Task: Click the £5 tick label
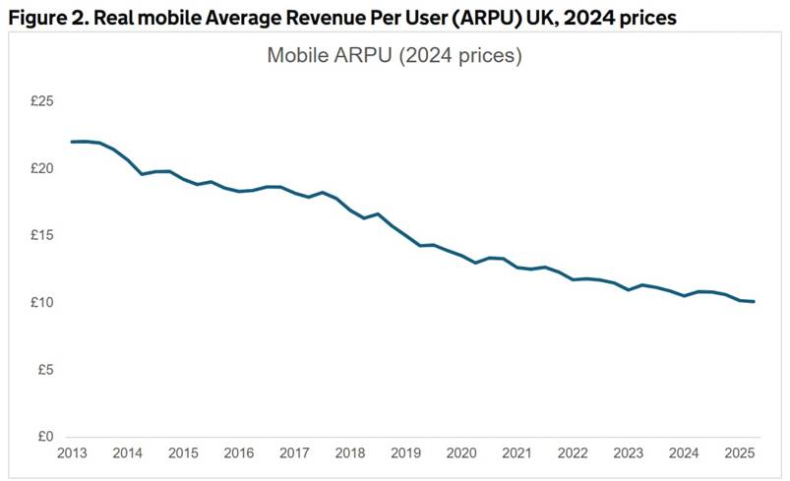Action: point(44,370)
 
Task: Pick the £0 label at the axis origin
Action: point(44,437)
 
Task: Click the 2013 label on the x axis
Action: point(72,453)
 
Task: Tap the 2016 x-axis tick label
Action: point(239,453)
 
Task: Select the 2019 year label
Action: point(405,453)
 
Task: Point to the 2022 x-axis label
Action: point(573,453)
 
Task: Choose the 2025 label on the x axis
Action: point(739,453)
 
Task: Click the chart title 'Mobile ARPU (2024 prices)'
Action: point(394,56)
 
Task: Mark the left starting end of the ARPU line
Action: point(72,142)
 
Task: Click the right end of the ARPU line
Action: point(755,301)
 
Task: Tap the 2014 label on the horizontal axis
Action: point(128,453)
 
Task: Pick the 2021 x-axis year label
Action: point(517,453)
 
